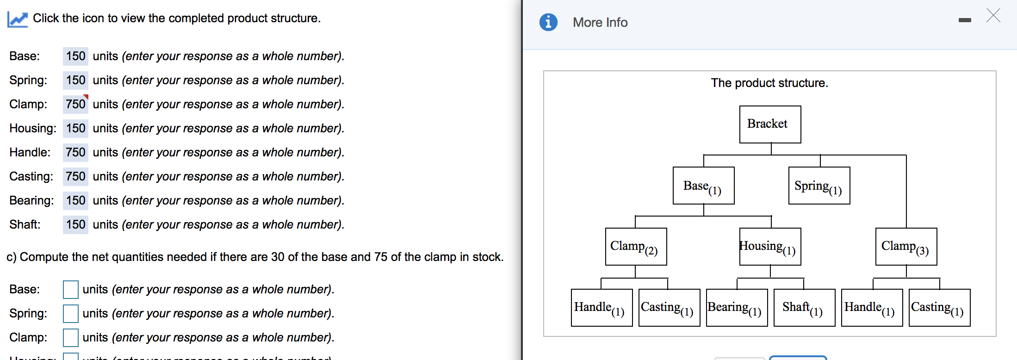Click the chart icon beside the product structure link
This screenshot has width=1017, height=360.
(x=18, y=19)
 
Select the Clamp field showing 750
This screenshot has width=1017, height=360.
(x=75, y=104)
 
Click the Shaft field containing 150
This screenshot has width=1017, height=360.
(x=75, y=224)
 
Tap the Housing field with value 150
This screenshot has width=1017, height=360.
(x=75, y=128)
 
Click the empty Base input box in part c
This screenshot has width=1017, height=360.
(x=71, y=290)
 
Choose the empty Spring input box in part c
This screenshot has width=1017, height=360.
(x=71, y=314)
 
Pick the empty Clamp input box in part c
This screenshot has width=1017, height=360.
(x=71, y=338)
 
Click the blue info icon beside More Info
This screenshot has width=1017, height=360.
(x=548, y=22)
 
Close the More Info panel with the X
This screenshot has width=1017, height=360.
(x=993, y=16)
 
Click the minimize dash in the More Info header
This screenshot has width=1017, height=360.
(x=965, y=20)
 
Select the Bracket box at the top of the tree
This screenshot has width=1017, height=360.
(x=770, y=124)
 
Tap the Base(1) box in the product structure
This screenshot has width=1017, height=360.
(x=703, y=186)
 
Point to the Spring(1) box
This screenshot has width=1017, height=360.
(x=819, y=186)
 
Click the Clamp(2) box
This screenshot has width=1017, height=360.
(x=636, y=247)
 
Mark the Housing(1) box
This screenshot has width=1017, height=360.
(x=770, y=247)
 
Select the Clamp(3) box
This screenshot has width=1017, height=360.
(x=906, y=247)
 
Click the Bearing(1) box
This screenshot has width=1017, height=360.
(x=737, y=308)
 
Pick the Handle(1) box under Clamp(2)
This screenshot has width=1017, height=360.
(x=602, y=308)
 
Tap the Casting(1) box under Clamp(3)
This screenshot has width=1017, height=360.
(x=939, y=308)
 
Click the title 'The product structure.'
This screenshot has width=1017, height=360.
(x=769, y=83)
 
